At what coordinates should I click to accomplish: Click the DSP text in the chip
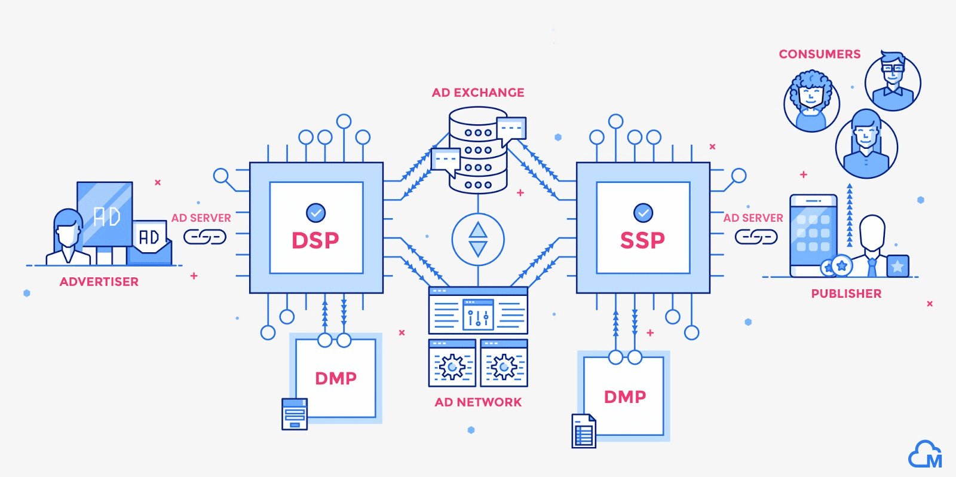click(315, 240)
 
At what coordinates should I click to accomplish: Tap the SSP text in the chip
click(642, 240)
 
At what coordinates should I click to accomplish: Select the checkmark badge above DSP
click(315, 212)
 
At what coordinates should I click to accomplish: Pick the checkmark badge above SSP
click(643, 212)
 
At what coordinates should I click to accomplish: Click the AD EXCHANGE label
click(478, 93)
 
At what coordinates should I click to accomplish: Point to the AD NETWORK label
click(478, 402)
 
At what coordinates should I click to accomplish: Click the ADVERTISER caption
click(99, 282)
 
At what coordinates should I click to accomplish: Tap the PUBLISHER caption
click(846, 293)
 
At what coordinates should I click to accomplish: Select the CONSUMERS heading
click(819, 54)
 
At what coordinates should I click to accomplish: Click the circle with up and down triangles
click(478, 240)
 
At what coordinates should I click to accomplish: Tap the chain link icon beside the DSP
click(204, 237)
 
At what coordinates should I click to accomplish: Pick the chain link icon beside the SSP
click(756, 237)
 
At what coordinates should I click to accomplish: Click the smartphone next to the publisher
click(813, 234)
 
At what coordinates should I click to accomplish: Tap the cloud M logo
click(925, 455)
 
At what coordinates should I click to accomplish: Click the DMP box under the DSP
click(336, 378)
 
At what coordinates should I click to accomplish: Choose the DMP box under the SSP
click(624, 396)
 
